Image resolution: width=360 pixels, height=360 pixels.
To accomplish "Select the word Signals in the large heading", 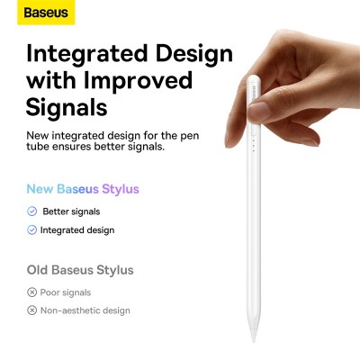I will click(x=67, y=108).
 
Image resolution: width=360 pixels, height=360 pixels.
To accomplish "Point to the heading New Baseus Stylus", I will click(x=83, y=190).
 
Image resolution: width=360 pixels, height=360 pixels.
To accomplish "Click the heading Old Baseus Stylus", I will click(x=80, y=270).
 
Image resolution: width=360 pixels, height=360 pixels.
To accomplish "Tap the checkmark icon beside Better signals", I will click(x=32, y=211).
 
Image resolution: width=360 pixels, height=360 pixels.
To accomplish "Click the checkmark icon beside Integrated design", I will click(x=32, y=230).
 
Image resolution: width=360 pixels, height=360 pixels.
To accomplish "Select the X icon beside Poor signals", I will click(x=32, y=292).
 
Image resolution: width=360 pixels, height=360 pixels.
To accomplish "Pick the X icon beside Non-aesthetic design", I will click(x=32, y=310).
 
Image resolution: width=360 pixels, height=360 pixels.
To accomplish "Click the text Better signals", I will click(x=71, y=211).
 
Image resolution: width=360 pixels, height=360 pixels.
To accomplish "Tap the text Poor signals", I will click(x=66, y=292).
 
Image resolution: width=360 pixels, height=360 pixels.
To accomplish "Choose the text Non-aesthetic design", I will click(x=85, y=310).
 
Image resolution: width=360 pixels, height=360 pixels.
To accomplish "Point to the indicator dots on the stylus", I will click(x=255, y=145).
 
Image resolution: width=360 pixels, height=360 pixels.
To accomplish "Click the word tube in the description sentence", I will click(x=39, y=148).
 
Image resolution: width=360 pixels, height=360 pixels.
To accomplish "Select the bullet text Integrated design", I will click(x=77, y=230).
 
